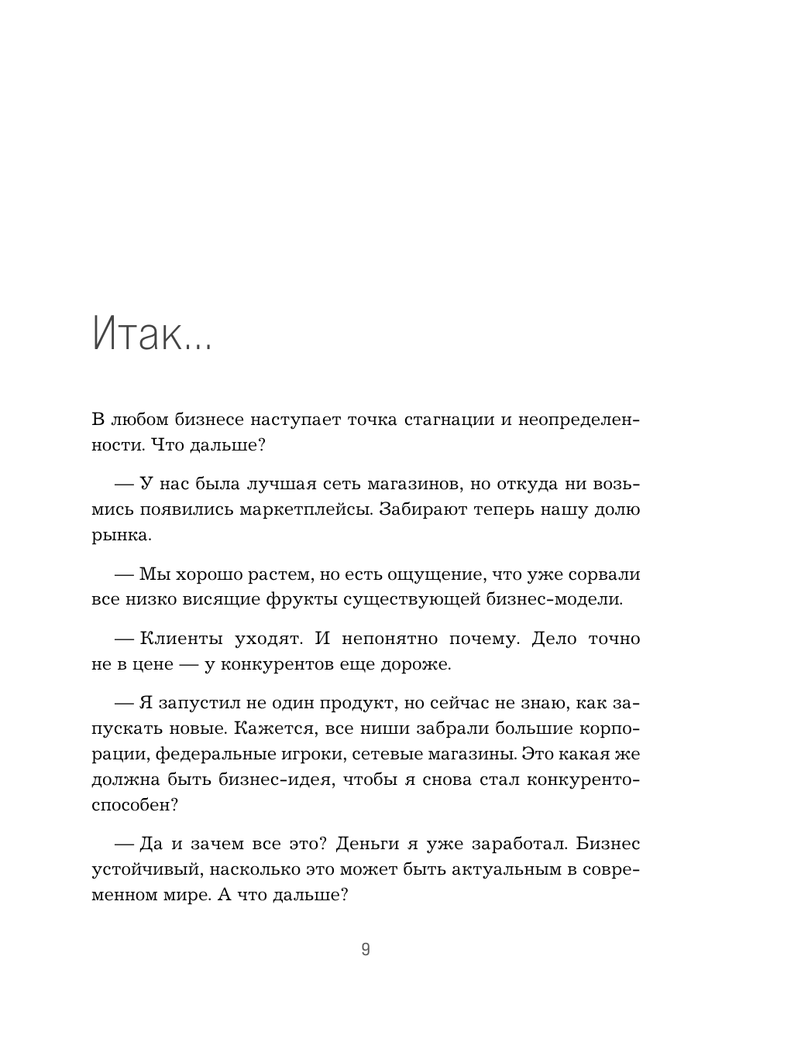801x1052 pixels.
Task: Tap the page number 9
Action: tap(366, 950)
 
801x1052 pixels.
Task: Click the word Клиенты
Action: tap(182, 639)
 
